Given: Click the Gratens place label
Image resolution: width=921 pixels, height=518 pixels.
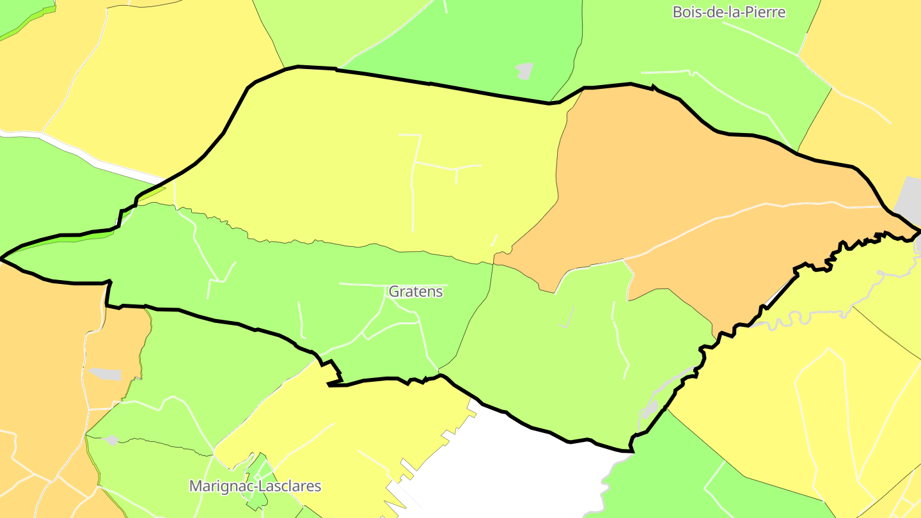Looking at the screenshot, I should [x=416, y=292].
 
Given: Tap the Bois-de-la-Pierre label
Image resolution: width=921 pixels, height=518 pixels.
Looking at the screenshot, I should [x=728, y=12].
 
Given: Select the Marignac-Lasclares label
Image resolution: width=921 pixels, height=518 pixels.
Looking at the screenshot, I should [x=255, y=486].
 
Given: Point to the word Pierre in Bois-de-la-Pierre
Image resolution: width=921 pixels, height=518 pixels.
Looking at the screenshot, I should [x=767, y=12].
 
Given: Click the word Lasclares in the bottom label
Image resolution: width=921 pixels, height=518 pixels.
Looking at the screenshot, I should [x=291, y=486].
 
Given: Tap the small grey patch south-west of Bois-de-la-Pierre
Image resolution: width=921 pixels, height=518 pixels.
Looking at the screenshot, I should [x=524, y=71].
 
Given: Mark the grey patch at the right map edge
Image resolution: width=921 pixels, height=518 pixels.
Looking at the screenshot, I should [x=909, y=198].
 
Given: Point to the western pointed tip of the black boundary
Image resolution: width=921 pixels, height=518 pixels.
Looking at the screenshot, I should [x=3, y=258].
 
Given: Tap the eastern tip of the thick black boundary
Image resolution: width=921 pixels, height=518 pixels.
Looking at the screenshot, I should [x=918, y=230].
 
